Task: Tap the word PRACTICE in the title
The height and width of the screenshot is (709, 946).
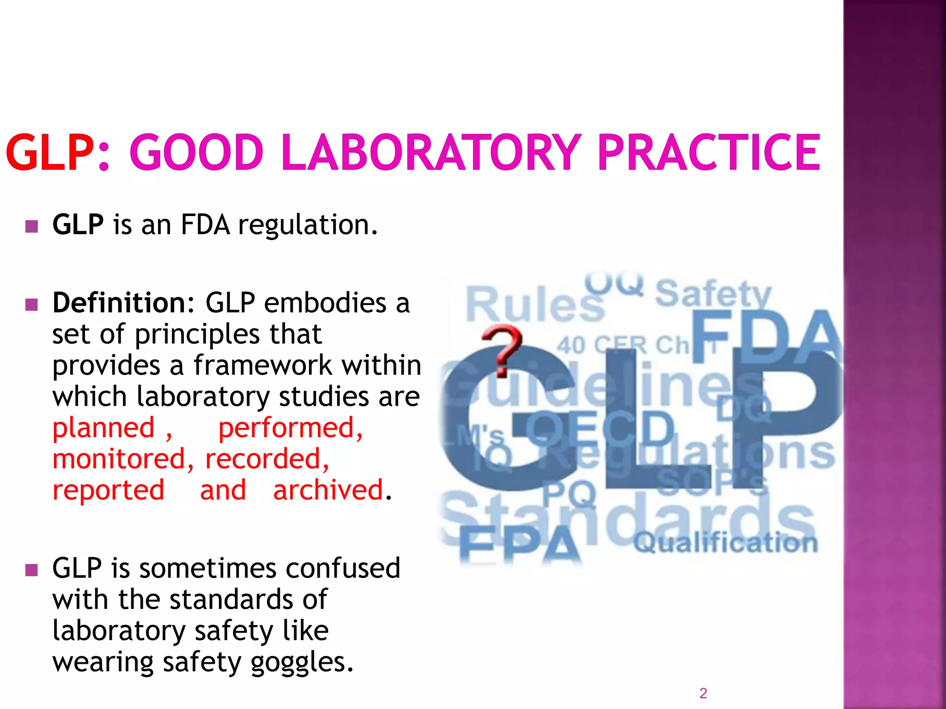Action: point(709,152)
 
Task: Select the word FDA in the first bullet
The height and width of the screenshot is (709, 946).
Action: point(205,225)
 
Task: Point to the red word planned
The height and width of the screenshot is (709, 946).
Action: point(103,428)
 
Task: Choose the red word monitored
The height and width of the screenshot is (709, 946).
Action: point(119,459)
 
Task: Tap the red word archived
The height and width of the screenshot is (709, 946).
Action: point(328,490)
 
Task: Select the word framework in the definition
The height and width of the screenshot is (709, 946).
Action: point(262,366)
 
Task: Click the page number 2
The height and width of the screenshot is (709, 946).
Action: point(703,693)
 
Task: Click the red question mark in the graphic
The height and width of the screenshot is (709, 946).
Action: point(503,348)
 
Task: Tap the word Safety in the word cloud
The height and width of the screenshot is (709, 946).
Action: point(713,294)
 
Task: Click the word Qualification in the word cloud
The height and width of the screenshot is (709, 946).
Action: point(725,542)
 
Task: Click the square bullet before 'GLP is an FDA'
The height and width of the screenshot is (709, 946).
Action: point(31,226)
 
